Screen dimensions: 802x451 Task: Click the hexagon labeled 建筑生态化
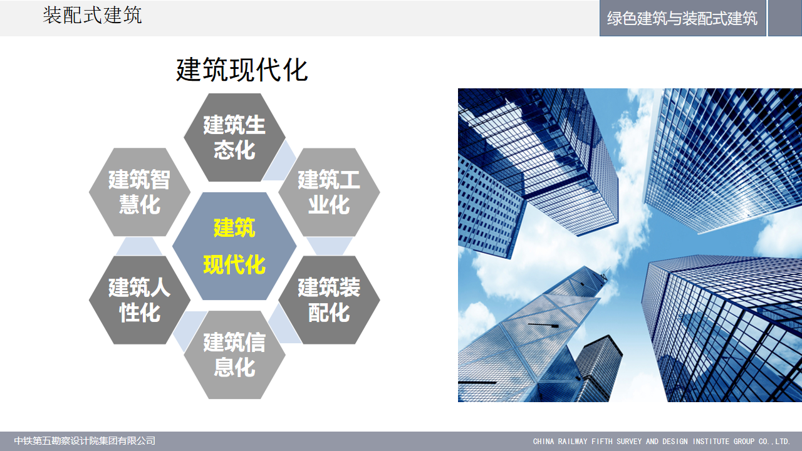click(x=234, y=137)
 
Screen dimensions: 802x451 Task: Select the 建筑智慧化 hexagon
click(x=140, y=192)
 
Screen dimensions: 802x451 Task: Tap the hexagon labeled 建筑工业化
click(x=329, y=192)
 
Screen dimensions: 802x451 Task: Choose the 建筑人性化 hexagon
click(x=140, y=300)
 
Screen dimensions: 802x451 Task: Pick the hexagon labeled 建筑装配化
click(x=329, y=300)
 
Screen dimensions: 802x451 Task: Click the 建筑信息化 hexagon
click(x=234, y=355)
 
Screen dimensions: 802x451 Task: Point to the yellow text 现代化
click(x=234, y=265)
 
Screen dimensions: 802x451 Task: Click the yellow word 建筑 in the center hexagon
click(x=234, y=227)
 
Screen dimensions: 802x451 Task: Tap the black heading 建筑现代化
click(x=242, y=70)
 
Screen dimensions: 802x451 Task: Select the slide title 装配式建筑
click(x=92, y=16)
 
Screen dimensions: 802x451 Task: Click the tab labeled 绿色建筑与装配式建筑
click(x=682, y=18)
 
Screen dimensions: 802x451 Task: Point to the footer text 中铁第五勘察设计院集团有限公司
click(x=85, y=440)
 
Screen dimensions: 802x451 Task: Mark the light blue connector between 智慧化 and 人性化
click(x=139, y=246)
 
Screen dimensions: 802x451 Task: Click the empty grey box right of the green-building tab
click(x=785, y=18)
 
